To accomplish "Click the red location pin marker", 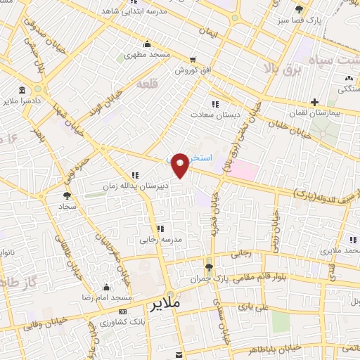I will tap(181, 164).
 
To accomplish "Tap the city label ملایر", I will tap(166, 305).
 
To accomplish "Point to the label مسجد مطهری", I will tap(148, 54).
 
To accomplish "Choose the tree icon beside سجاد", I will tap(67, 196).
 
